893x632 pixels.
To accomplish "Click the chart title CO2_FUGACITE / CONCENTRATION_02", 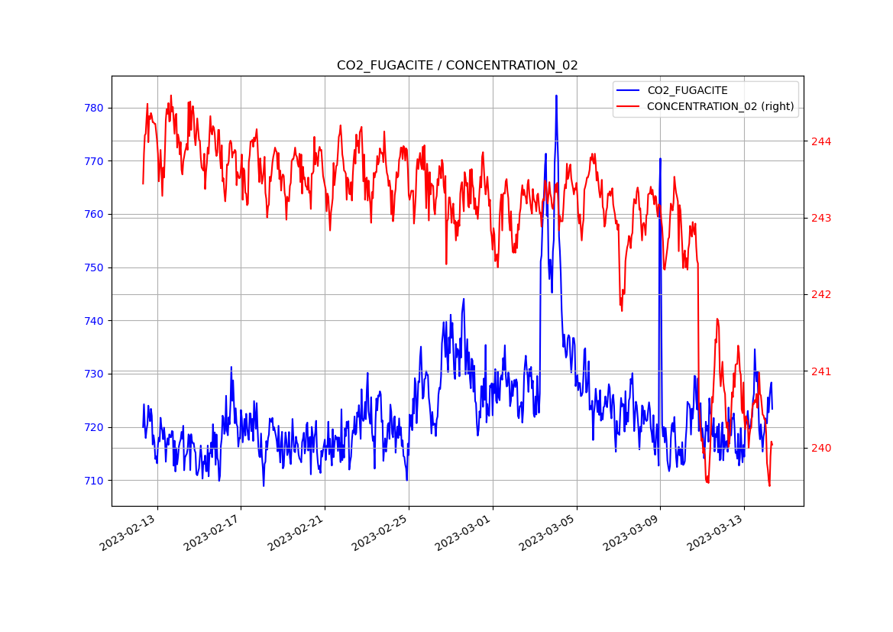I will click(457, 66).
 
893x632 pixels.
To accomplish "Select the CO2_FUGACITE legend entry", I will click(687, 91).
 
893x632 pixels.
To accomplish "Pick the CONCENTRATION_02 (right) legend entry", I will click(720, 106).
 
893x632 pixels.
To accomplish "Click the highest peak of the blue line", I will click(556, 96).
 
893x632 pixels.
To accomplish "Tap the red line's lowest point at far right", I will click(769, 485).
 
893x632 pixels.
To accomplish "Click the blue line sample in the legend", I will click(629, 91).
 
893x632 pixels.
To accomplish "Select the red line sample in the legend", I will click(629, 106).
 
